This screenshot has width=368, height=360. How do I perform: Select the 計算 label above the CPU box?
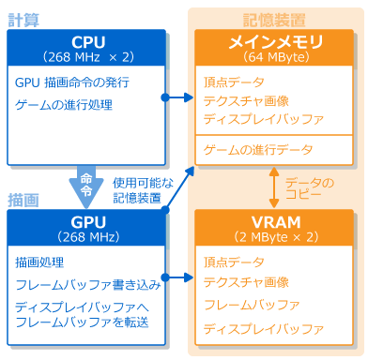25,19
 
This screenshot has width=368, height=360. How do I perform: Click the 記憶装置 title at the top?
274,18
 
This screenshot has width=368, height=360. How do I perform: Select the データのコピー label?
310,187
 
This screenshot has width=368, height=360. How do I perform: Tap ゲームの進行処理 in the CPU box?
64,105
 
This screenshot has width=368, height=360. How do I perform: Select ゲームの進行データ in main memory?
258,150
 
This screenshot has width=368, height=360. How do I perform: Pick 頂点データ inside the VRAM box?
234,262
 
